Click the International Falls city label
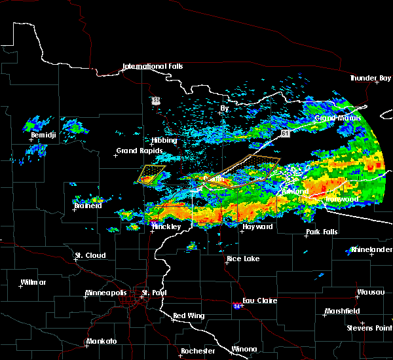point(153,67)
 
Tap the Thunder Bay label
point(369,79)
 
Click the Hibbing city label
point(164,141)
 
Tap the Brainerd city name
point(88,206)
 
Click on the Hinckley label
point(167,226)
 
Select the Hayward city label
point(257,226)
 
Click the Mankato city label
point(101,342)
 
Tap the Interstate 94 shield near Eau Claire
point(236,305)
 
